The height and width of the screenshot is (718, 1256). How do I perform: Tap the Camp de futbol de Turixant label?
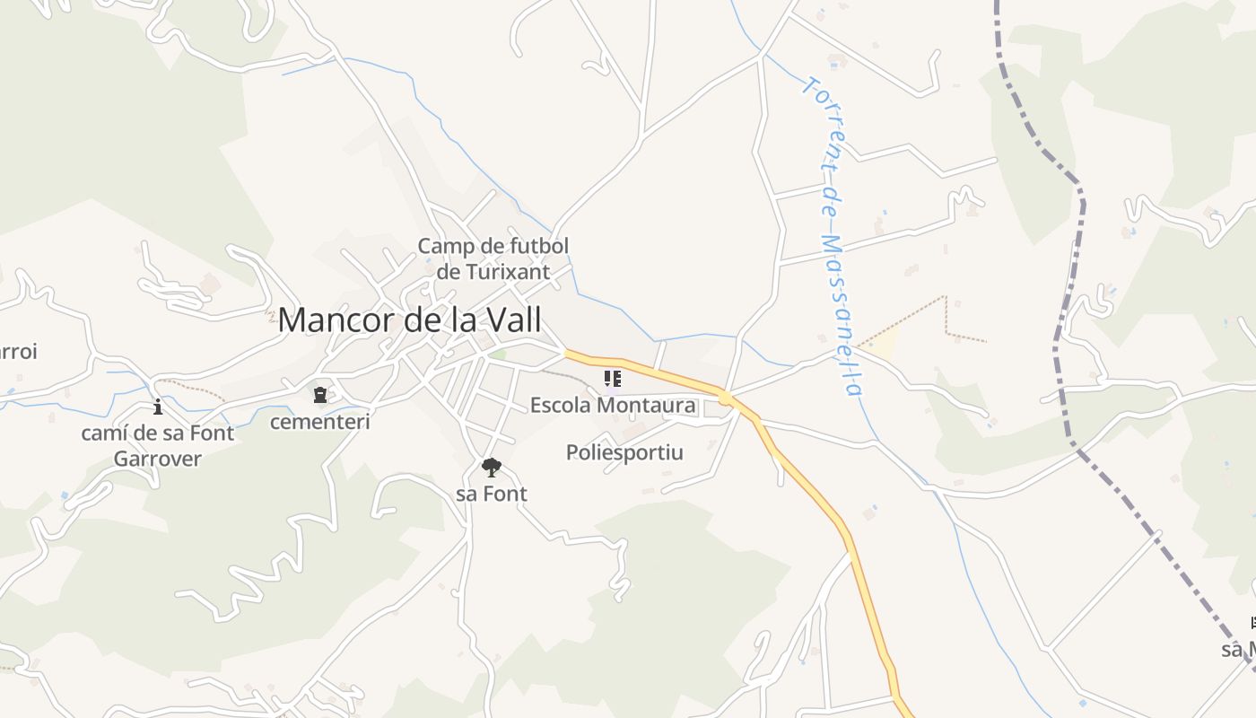pyautogui.click(x=493, y=258)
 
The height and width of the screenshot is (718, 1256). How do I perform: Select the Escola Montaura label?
pyautogui.click(x=612, y=405)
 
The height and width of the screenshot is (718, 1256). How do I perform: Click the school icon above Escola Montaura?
pyautogui.click(x=612, y=379)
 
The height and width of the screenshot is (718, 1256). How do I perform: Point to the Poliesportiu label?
pyautogui.click(x=624, y=452)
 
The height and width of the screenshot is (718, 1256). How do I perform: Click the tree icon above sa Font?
pyautogui.click(x=491, y=468)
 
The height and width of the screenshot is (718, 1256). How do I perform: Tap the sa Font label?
pyautogui.click(x=492, y=494)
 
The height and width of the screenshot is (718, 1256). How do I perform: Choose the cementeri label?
pyautogui.click(x=319, y=421)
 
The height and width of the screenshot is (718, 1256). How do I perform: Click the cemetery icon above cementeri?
pyautogui.click(x=319, y=395)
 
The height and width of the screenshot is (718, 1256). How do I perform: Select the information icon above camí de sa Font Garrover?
pyautogui.click(x=158, y=407)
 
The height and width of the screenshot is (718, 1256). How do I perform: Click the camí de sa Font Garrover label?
pyautogui.click(x=158, y=445)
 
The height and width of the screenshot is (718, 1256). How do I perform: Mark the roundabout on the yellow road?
pyautogui.click(x=724, y=398)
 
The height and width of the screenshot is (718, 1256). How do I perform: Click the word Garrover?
pyautogui.click(x=158, y=459)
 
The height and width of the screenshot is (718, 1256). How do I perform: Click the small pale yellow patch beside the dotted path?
pyautogui.click(x=885, y=343)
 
